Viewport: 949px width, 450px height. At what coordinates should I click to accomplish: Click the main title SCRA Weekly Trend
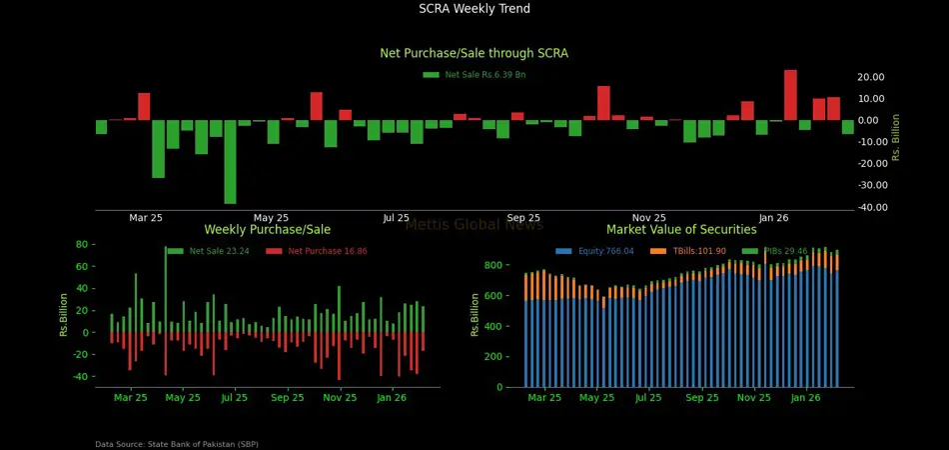pos(474,9)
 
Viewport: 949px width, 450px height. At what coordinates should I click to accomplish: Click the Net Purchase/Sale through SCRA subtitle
pos(474,53)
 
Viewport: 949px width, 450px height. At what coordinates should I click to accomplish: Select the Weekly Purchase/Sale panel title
pos(267,230)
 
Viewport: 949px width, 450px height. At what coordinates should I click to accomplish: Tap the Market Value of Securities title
pos(681,230)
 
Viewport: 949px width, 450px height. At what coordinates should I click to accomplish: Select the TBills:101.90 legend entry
pos(690,251)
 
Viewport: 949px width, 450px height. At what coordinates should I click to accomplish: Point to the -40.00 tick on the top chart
pos(870,208)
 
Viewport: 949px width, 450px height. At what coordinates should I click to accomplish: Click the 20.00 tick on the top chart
pos(871,77)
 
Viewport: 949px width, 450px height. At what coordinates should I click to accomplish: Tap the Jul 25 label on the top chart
pos(396,218)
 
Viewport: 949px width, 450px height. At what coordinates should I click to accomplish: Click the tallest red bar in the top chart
pos(790,95)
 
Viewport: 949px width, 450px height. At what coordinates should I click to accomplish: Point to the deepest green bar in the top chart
pos(231,162)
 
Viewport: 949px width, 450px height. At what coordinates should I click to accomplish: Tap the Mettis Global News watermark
pos(474,225)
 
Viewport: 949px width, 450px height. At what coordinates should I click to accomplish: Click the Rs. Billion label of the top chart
pos(896,136)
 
